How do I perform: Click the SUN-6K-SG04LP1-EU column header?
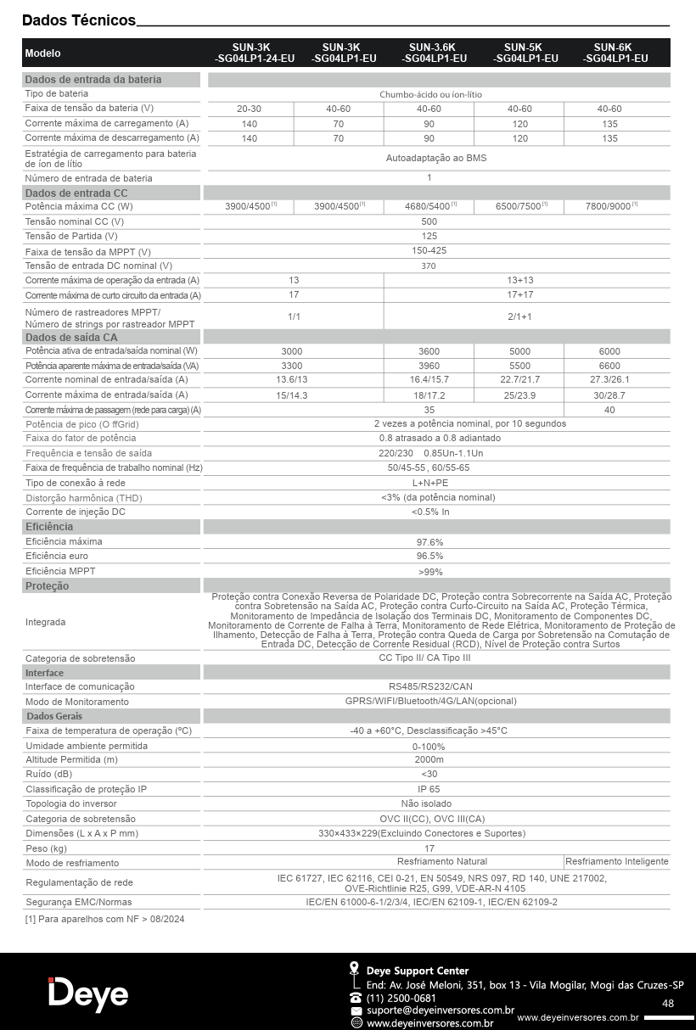coord(615,53)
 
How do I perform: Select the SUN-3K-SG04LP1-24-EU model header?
coord(250,53)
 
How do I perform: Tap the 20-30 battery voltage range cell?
coord(250,109)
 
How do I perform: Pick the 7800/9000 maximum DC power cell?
coord(609,206)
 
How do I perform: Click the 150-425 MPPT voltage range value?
coord(429,250)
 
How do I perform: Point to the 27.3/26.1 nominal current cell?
coord(609,379)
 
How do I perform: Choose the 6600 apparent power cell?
coord(609,366)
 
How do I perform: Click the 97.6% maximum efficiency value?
coord(429,541)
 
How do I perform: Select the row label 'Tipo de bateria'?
coord(57,93)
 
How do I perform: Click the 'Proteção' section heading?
coord(48,586)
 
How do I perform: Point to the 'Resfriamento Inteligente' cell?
coord(617,861)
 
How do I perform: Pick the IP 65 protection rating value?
coord(429,789)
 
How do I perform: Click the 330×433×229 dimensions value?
coord(421,833)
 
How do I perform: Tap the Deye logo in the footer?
coord(88,994)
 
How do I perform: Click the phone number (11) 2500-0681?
coord(401,998)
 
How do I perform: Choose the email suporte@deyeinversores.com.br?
coord(441,1010)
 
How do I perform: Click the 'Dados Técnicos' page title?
coord(79,20)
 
